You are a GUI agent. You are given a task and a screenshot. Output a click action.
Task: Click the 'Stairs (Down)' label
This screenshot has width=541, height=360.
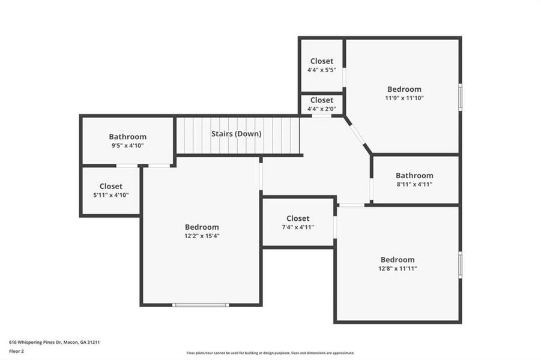[x=236, y=134]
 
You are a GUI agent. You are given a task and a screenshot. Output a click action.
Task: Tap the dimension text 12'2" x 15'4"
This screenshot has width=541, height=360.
[x=202, y=236]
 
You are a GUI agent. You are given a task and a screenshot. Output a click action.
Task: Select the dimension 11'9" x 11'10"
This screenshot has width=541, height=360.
[x=404, y=98]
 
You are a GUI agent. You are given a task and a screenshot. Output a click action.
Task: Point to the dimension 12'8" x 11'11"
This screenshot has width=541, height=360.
[x=397, y=268]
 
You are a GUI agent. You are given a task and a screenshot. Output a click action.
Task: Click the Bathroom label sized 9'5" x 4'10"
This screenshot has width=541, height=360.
[x=127, y=137]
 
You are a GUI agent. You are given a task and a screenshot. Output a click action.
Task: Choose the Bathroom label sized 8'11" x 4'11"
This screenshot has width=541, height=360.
[x=414, y=176]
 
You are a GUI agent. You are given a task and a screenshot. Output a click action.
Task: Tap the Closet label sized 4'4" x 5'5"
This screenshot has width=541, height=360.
[x=321, y=61]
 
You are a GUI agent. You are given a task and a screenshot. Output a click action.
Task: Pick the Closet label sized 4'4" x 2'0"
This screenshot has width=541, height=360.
[x=321, y=100]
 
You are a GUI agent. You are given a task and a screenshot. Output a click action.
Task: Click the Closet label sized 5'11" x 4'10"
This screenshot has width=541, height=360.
[x=110, y=187]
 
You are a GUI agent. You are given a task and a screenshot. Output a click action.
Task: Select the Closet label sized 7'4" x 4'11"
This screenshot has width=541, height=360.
[x=298, y=218]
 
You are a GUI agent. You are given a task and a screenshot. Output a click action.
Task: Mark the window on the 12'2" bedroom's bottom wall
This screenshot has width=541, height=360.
[x=201, y=305]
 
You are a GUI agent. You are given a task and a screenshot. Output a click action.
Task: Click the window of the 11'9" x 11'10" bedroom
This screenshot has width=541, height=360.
[x=461, y=97]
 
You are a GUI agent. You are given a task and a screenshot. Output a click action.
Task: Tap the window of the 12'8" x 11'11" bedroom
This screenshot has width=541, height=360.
[x=461, y=265]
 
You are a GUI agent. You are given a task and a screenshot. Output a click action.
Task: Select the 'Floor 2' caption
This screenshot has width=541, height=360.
[x=16, y=350]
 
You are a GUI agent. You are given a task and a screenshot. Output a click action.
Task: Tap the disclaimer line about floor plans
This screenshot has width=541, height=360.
[x=270, y=353]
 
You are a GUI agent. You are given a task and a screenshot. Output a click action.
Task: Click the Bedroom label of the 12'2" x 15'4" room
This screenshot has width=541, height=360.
[x=202, y=227]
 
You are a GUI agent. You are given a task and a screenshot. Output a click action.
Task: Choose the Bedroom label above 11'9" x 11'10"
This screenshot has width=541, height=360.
[x=404, y=89]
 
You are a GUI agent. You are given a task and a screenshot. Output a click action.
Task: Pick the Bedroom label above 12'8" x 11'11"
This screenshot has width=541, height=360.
[x=397, y=260]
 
